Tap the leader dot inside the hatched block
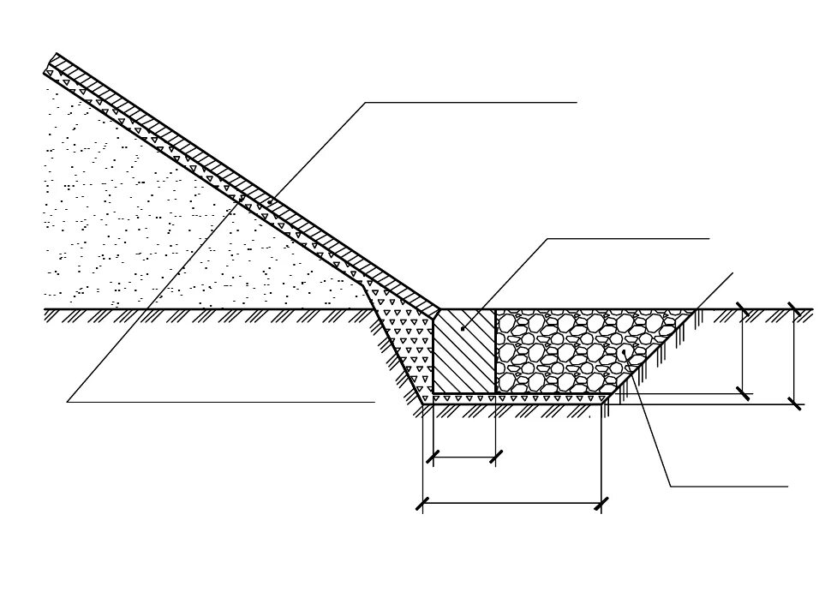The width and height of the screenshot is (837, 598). [463, 328]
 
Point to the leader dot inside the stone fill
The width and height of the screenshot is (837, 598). [625, 351]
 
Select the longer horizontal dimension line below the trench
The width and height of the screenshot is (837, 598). [512, 504]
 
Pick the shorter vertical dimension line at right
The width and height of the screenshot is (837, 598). [743, 351]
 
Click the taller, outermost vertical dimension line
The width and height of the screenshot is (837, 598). [794, 356]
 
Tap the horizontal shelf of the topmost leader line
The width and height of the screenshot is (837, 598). [471, 103]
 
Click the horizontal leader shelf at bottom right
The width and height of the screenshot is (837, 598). [728, 487]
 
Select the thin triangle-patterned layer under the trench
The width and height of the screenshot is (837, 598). [514, 398]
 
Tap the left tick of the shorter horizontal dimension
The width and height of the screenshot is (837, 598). [433, 457]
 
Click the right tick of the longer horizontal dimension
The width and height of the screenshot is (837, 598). [601, 504]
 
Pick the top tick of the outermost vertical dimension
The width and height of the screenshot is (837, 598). [794, 309]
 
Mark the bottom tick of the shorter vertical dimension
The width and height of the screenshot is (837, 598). [743, 393]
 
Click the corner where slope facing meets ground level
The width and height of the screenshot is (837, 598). [438, 310]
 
